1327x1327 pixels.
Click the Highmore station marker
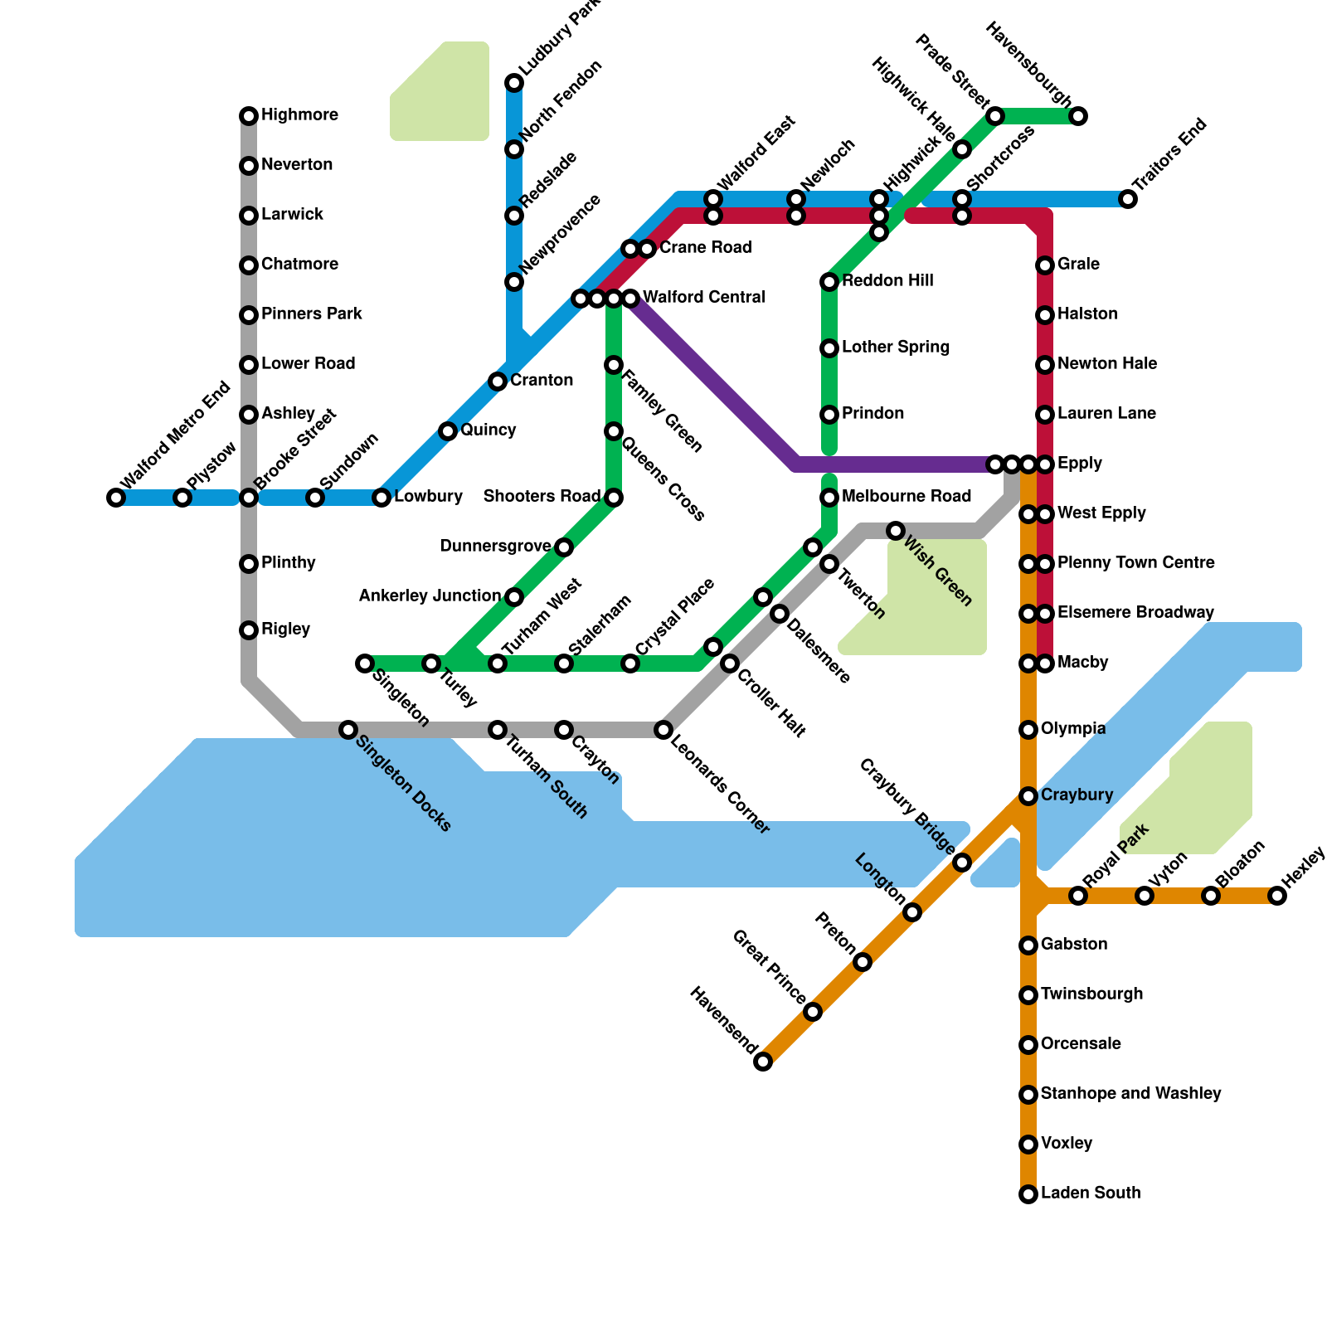(249, 116)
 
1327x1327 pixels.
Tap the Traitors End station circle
(1128, 199)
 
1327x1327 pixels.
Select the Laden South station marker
(1028, 1194)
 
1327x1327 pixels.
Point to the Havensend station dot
(763, 1062)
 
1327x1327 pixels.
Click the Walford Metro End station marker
(116, 498)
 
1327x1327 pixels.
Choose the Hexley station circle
(1277, 896)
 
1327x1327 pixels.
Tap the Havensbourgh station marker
(1078, 116)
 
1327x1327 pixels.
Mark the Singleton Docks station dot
(348, 730)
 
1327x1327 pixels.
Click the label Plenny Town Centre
(1135, 563)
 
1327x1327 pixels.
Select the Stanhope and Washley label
(1130, 1094)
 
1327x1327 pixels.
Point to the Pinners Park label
(311, 314)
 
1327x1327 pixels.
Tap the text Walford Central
(703, 298)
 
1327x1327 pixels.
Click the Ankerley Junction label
(430, 596)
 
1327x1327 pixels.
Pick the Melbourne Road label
(906, 497)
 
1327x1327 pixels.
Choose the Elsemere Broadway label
(1135, 613)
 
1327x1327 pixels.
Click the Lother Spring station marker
(829, 348)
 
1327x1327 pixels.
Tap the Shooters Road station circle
(614, 498)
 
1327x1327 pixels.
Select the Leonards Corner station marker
(663, 730)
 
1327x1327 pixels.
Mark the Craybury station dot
(1028, 796)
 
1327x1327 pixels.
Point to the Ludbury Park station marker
(514, 83)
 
